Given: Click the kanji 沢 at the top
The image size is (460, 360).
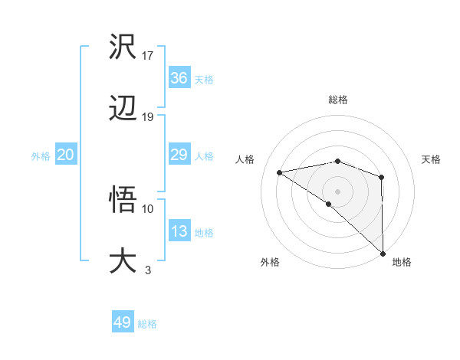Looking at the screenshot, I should point(123,47).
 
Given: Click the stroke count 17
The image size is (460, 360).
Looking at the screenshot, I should point(148,55).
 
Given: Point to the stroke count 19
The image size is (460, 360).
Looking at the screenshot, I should point(148,116).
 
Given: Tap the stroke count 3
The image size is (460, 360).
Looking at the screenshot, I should point(147,270).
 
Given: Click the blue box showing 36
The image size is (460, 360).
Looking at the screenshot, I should point(179,78).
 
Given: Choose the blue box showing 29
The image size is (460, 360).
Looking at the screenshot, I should point(179,155).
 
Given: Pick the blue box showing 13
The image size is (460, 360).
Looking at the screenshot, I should point(179,231).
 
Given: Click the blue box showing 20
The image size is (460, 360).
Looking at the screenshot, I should point(66,155).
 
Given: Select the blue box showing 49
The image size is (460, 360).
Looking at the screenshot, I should point(123,322).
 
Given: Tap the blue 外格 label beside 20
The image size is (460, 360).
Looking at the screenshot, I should point(41,155).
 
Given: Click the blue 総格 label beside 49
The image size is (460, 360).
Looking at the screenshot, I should point(148,324).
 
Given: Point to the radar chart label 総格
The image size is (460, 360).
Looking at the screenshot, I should point(338,100).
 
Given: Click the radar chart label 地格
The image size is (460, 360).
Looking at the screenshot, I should point(402,262).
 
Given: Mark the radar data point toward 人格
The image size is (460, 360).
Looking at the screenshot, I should point(280,172).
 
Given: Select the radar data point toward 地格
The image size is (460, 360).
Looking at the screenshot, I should point(383,254).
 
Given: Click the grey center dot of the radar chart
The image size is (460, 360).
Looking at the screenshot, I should point(338,191).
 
